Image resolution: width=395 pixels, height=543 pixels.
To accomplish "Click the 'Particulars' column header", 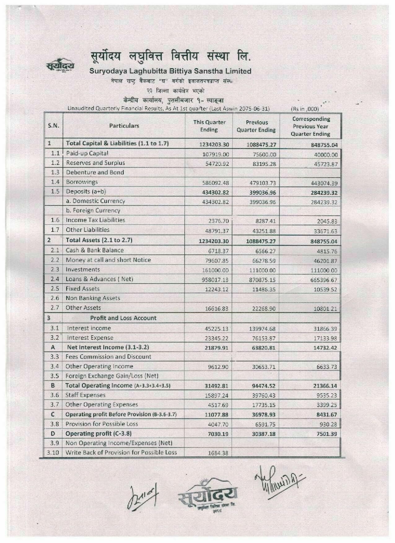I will click(x=124, y=126).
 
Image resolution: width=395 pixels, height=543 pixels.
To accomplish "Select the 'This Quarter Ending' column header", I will click(x=209, y=126).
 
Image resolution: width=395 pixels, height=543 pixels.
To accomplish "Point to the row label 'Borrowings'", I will click(x=82, y=182).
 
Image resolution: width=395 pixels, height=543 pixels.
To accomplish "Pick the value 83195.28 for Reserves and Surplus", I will click(x=264, y=164).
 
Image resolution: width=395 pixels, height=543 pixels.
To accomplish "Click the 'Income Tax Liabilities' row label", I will click(x=95, y=220).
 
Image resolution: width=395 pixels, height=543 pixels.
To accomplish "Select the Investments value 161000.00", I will click(x=215, y=270).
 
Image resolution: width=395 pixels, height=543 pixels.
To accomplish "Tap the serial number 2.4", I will click(x=55, y=279).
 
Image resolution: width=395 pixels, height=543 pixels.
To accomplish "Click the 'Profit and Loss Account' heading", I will click(x=123, y=318).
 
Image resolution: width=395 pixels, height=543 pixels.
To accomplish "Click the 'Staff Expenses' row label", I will click(x=86, y=395).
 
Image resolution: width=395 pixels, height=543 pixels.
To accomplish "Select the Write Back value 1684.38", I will click(x=218, y=453).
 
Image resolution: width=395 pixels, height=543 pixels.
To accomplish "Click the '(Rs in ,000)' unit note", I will click(x=305, y=109).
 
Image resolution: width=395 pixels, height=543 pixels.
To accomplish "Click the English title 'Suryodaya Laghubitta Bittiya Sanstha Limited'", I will click(x=170, y=71).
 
